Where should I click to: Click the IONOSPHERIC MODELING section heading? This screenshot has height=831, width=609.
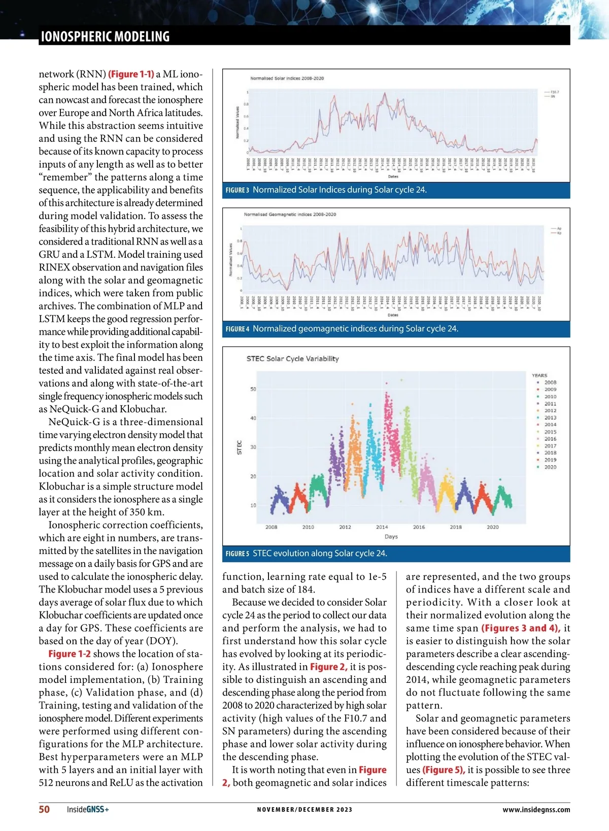[105, 37]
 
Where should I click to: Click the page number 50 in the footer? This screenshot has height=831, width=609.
[44, 809]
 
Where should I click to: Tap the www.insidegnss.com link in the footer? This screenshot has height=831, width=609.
[536, 810]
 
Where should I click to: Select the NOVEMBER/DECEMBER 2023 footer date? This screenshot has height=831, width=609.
[304, 810]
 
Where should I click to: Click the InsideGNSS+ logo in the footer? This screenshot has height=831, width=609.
[88, 810]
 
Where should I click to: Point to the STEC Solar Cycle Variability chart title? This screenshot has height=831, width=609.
[292, 359]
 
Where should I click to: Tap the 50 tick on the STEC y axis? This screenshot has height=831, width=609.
[253, 389]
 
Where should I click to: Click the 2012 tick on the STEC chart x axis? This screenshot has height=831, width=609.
[345, 527]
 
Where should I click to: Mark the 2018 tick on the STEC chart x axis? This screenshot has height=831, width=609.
[456, 527]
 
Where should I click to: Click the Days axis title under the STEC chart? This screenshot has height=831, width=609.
[391, 536]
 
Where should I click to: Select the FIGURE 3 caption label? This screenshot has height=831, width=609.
[237, 190]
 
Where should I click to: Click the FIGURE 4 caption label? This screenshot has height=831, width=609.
[237, 329]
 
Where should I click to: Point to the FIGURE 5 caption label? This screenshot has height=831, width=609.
[237, 553]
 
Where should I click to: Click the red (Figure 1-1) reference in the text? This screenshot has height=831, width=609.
[131, 74]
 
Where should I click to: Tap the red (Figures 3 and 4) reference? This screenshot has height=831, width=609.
[521, 628]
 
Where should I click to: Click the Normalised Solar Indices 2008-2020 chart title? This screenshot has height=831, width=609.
[287, 78]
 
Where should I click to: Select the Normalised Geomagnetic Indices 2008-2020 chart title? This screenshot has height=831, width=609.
[290, 214]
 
